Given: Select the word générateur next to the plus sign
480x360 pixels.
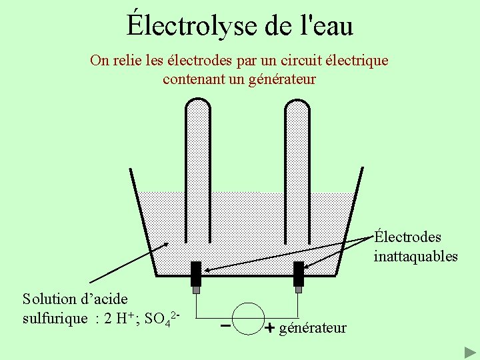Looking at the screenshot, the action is [x=313, y=327].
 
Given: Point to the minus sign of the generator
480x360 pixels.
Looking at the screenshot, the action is [x=225, y=327].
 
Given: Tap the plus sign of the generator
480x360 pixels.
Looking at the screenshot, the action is [x=270, y=328].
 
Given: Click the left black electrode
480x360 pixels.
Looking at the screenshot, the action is [x=196, y=273].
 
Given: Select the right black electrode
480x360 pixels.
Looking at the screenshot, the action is [x=298, y=273].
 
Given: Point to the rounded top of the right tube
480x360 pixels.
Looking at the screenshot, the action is [x=298, y=106].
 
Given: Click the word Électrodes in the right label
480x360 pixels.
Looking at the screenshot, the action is [x=407, y=237].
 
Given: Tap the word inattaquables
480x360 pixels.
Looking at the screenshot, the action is [x=415, y=256].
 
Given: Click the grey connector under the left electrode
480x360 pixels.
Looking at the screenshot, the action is [x=196, y=290].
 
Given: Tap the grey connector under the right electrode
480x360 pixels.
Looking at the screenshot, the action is [x=298, y=290].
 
